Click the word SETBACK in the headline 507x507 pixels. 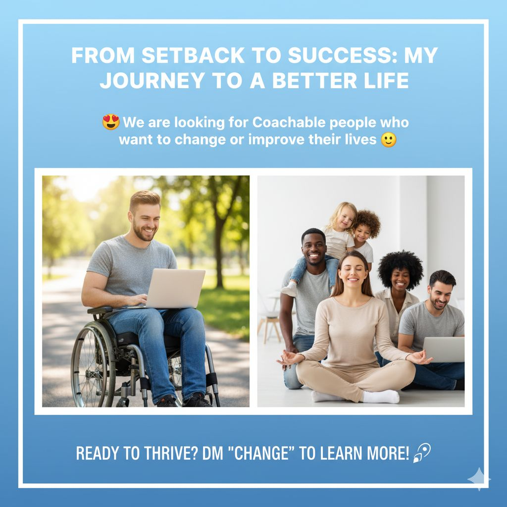(x=193, y=55)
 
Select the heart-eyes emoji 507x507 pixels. (x=111, y=122)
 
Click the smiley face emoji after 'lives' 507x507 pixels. (x=388, y=140)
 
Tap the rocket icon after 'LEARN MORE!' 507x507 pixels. (x=422, y=453)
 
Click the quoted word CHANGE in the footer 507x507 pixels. (x=261, y=453)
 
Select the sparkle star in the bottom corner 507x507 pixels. (x=479, y=479)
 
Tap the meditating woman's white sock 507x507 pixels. (x=381, y=397)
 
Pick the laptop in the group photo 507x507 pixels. (x=444, y=349)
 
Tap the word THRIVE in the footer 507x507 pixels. (x=171, y=453)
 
